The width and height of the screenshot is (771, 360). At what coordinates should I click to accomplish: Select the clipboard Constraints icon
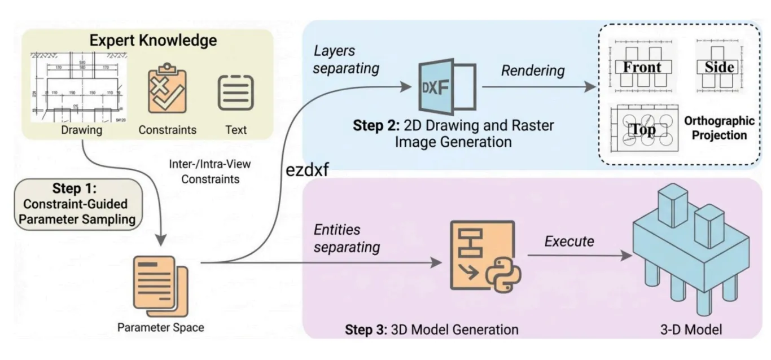167,90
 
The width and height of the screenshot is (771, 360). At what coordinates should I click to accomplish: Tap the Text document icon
235,92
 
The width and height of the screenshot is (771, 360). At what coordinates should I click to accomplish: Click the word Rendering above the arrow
533,71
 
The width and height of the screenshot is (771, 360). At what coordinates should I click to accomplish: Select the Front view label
642,67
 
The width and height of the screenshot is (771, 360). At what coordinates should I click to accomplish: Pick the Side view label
719,67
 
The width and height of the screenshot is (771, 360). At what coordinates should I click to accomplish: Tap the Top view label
643,130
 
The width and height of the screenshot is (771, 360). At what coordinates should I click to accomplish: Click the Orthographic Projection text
719,128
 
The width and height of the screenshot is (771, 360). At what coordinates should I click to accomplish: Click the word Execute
569,242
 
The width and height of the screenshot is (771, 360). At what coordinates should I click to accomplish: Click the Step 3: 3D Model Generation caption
431,328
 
